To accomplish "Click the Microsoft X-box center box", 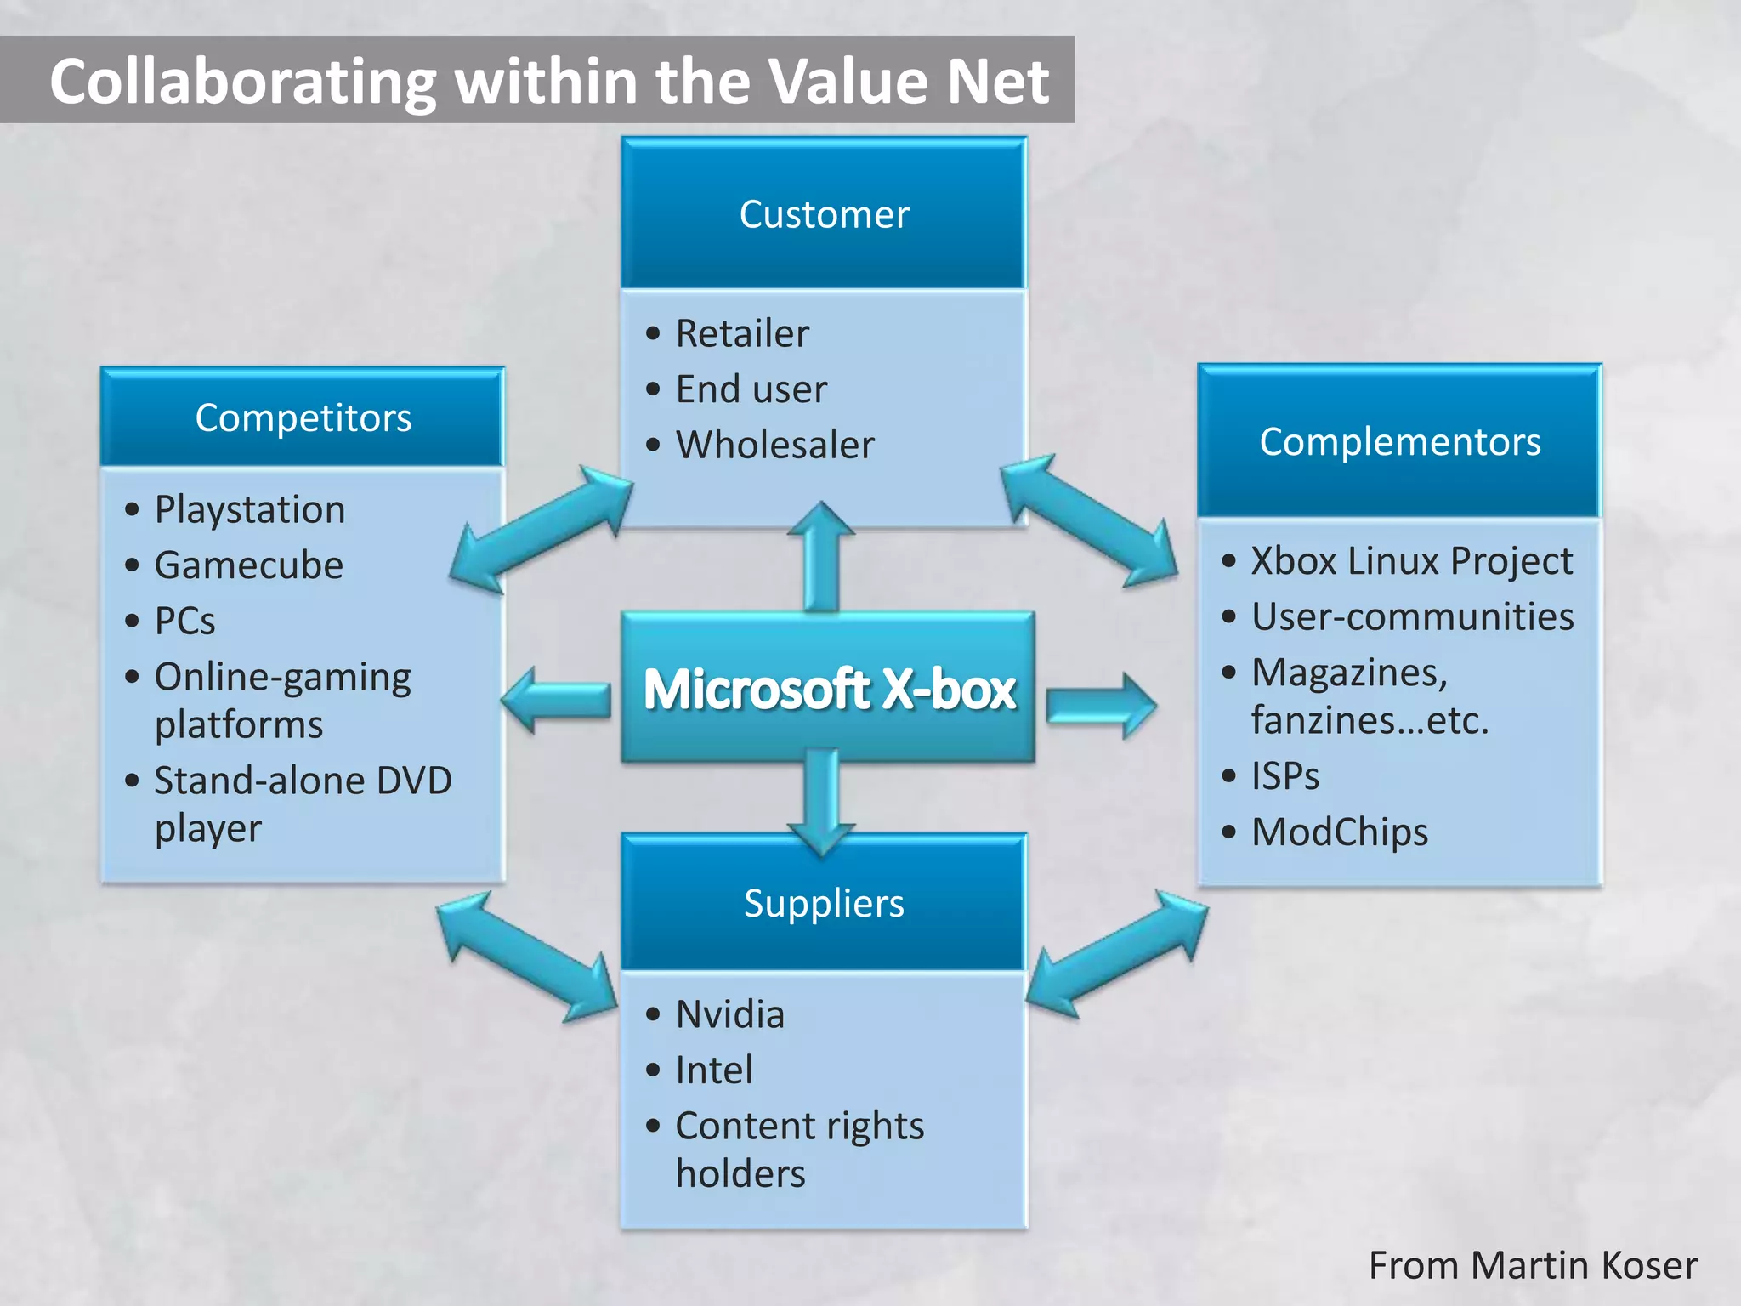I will (x=828, y=687).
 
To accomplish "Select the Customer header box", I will (x=824, y=213).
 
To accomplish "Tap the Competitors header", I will (x=303, y=417).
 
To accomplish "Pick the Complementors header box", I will (x=1399, y=441).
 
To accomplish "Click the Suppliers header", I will (x=824, y=903).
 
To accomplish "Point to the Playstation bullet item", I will (x=250, y=509).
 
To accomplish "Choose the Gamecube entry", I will (x=248, y=565).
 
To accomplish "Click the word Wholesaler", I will (x=774, y=445).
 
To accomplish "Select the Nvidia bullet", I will (x=729, y=1014).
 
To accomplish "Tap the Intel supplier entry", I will (x=714, y=1070).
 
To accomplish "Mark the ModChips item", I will (x=1340, y=832).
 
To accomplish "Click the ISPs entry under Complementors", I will (x=1285, y=776).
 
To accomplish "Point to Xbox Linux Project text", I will (x=1411, y=561).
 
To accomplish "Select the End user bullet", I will (x=751, y=389).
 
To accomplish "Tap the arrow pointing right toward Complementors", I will (x=1102, y=706).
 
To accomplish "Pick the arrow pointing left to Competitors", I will (x=556, y=700).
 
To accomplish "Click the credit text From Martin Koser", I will (x=1533, y=1265).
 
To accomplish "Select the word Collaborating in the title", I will (x=242, y=82).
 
